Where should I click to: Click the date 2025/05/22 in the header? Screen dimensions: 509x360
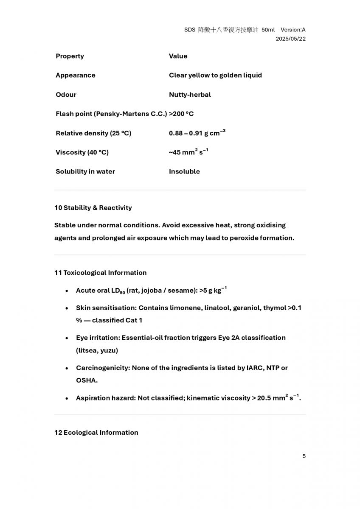pyautogui.click(x=290, y=39)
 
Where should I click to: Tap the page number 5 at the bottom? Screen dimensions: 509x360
pyautogui.click(x=304, y=456)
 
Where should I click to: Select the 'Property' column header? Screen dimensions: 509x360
pyautogui.click(x=70, y=56)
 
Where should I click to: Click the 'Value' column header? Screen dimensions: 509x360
pyautogui.click(x=178, y=56)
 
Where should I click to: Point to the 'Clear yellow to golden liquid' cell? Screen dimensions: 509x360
pyautogui.click(x=215, y=75)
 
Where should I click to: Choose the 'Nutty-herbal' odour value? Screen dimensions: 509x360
pyautogui.click(x=190, y=95)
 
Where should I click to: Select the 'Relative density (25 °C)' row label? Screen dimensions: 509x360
pyautogui.click(x=93, y=133)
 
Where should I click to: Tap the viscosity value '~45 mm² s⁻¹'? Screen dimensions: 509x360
pyautogui.click(x=188, y=152)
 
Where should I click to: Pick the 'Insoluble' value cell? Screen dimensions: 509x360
pyautogui.click(x=184, y=171)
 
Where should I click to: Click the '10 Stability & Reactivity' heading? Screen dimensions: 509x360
pyautogui.click(x=93, y=207)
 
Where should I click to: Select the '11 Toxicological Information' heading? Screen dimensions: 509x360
pyautogui.click(x=100, y=272)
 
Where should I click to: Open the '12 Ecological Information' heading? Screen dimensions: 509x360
pyautogui.click(x=96, y=432)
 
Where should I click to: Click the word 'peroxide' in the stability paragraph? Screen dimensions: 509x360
pyautogui.click(x=245, y=238)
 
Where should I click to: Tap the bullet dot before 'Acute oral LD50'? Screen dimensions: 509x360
pyautogui.click(x=67, y=291)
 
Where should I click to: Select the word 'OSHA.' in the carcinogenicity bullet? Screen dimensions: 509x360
pyautogui.click(x=87, y=380)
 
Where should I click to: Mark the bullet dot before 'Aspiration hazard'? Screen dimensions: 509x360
pyautogui.click(x=67, y=399)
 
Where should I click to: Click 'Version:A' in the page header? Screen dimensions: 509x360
pyautogui.click(x=293, y=30)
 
